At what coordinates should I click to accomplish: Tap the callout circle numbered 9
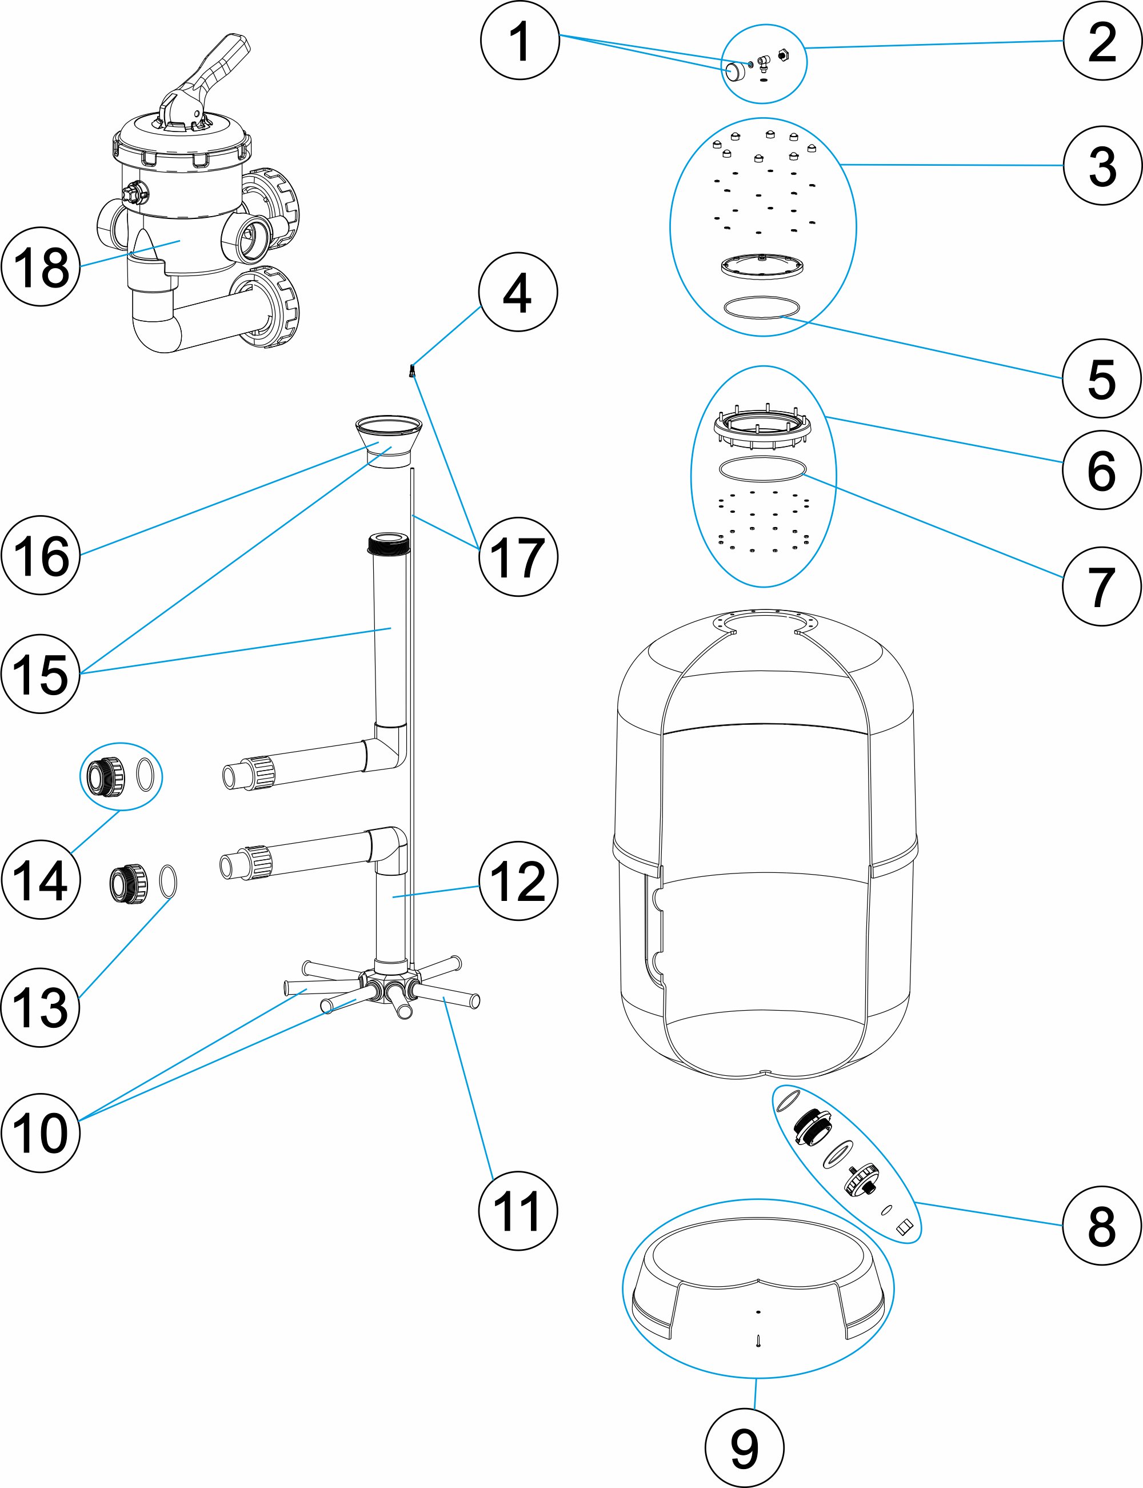[x=744, y=1448]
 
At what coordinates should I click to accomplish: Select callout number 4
[x=518, y=292]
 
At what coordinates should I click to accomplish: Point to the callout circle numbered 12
[x=518, y=880]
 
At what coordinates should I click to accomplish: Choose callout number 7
[x=1101, y=586]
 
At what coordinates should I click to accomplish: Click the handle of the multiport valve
[x=218, y=61]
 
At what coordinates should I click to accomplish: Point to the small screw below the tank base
[x=758, y=1341]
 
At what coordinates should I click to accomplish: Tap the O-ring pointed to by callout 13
[x=168, y=882]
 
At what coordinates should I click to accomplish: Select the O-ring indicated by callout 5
[x=761, y=307]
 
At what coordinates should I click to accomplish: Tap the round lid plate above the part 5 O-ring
[x=762, y=266]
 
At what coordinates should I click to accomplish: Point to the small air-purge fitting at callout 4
[x=411, y=371]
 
